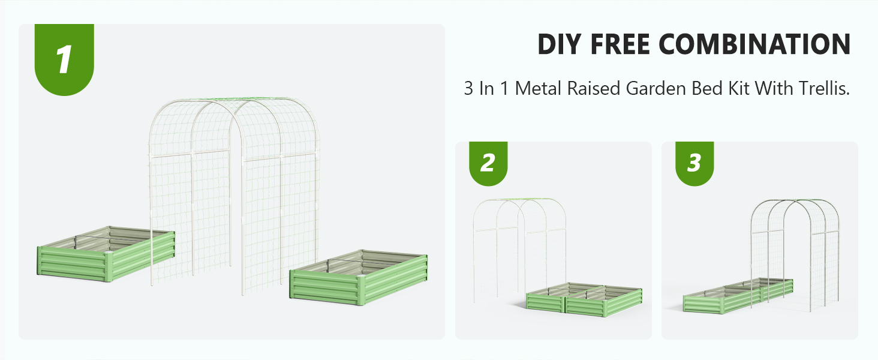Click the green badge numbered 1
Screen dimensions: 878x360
pos(64,59)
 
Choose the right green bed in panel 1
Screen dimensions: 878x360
pos(358,277)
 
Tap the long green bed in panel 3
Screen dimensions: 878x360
pos(738,296)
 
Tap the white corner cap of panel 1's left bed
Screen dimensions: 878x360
pos(108,255)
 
